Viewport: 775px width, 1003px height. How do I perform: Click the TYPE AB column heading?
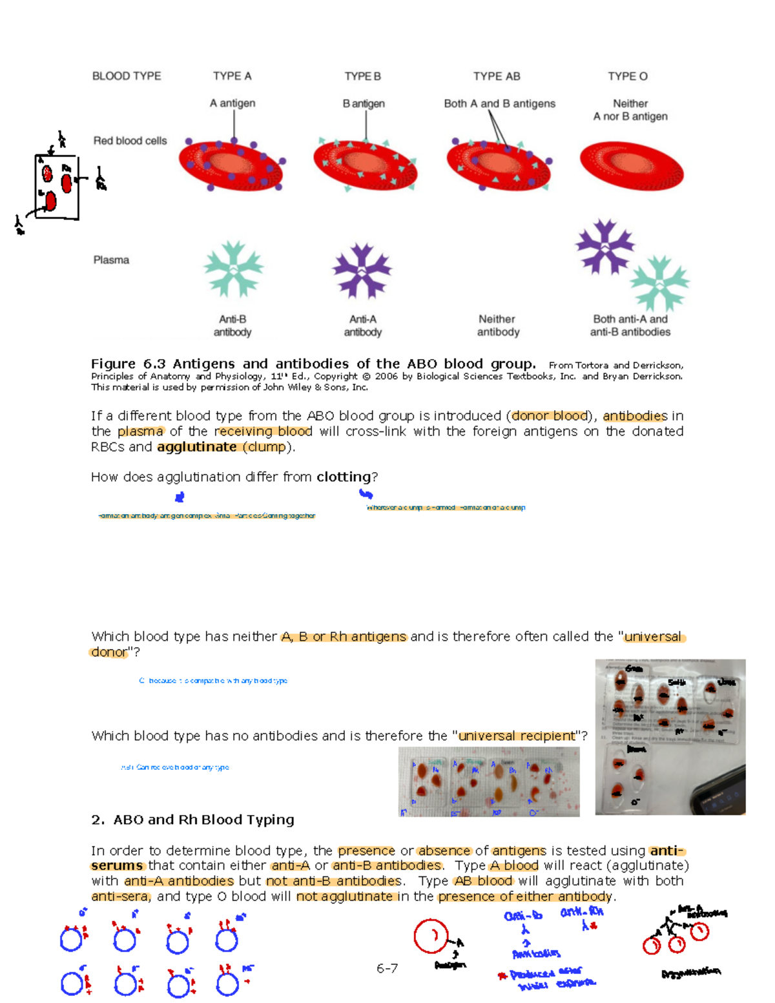point(496,76)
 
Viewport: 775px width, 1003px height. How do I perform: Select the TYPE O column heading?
point(627,76)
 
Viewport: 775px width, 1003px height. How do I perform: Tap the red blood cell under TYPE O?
point(631,167)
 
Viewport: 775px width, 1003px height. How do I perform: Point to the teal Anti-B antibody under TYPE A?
point(233,269)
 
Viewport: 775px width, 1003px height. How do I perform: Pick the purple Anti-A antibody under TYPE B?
point(362,271)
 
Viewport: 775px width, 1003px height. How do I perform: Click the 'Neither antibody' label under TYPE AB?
point(497,326)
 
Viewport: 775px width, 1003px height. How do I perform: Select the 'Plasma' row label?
point(111,260)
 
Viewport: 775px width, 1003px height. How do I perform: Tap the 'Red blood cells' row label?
point(130,141)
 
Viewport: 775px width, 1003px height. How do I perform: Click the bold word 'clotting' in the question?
point(344,477)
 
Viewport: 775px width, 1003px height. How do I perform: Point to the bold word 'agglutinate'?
point(196,447)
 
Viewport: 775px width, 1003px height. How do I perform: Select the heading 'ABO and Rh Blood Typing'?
point(203,820)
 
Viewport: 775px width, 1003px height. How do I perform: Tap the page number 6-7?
point(387,968)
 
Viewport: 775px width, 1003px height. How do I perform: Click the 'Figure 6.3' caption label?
point(129,364)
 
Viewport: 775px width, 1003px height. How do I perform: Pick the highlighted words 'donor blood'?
point(550,416)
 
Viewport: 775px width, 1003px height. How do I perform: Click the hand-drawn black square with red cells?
point(57,187)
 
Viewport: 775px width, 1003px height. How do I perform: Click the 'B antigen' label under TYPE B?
point(364,103)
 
